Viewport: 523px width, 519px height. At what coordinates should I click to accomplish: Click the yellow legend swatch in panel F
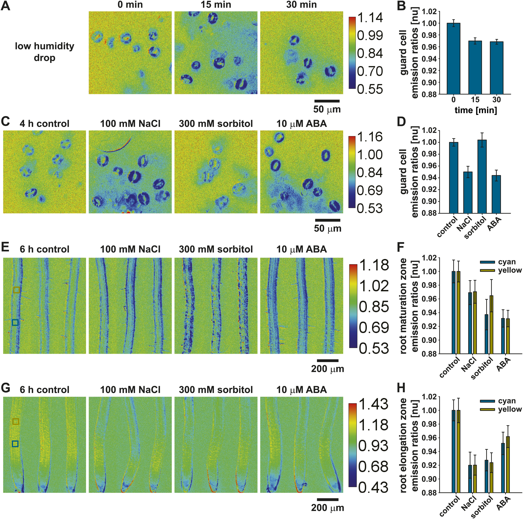488,270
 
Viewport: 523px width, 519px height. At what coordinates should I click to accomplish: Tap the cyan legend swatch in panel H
488,401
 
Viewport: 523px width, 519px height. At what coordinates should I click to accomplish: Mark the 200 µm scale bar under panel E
328,361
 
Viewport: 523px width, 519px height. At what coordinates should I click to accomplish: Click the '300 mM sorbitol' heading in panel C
216,124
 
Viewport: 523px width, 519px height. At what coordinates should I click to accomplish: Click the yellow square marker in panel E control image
17,290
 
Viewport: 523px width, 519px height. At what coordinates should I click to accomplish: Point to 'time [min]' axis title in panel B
476,110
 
